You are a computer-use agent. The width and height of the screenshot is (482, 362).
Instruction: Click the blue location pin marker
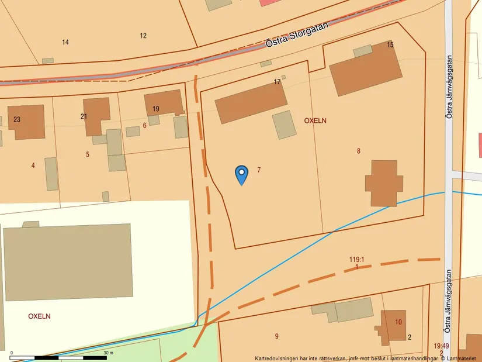pyautogui.click(x=241, y=174)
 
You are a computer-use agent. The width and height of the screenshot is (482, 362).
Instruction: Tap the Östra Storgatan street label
pyautogui.click(x=298, y=35)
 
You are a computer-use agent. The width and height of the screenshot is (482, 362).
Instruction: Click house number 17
pyautogui.click(x=277, y=82)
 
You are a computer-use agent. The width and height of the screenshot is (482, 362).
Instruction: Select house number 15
pyautogui.click(x=390, y=45)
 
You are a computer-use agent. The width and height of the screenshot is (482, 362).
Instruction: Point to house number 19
pyautogui.click(x=155, y=109)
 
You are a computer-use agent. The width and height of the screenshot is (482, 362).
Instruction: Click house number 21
pyautogui.click(x=84, y=116)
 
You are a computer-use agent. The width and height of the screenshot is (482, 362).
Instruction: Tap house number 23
pyautogui.click(x=17, y=119)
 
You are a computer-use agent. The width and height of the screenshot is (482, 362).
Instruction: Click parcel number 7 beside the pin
pyautogui.click(x=258, y=170)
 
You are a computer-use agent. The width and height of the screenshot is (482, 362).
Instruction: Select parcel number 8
pyautogui.click(x=358, y=151)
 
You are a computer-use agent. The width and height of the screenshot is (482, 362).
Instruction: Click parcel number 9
pyautogui.click(x=276, y=336)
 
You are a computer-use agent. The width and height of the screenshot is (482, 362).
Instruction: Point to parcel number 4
pyautogui.click(x=33, y=166)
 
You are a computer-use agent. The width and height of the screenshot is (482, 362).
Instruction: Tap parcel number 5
pyautogui.click(x=88, y=154)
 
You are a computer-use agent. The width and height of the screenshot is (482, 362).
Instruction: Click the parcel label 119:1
pyautogui.click(x=356, y=260)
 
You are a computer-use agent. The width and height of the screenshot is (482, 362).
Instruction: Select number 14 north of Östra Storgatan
pyautogui.click(x=65, y=42)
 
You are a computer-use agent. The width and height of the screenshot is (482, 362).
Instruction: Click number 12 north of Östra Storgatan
pyautogui.click(x=143, y=36)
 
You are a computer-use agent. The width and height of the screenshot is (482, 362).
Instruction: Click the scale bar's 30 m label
pyautogui.click(x=108, y=353)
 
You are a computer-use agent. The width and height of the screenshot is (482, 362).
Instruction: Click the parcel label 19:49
pyautogui.click(x=441, y=346)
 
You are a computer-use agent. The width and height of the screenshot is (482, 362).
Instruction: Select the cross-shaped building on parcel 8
pyautogui.click(x=384, y=182)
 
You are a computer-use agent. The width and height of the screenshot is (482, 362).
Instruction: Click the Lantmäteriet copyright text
pyautogui.click(x=459, y=358)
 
